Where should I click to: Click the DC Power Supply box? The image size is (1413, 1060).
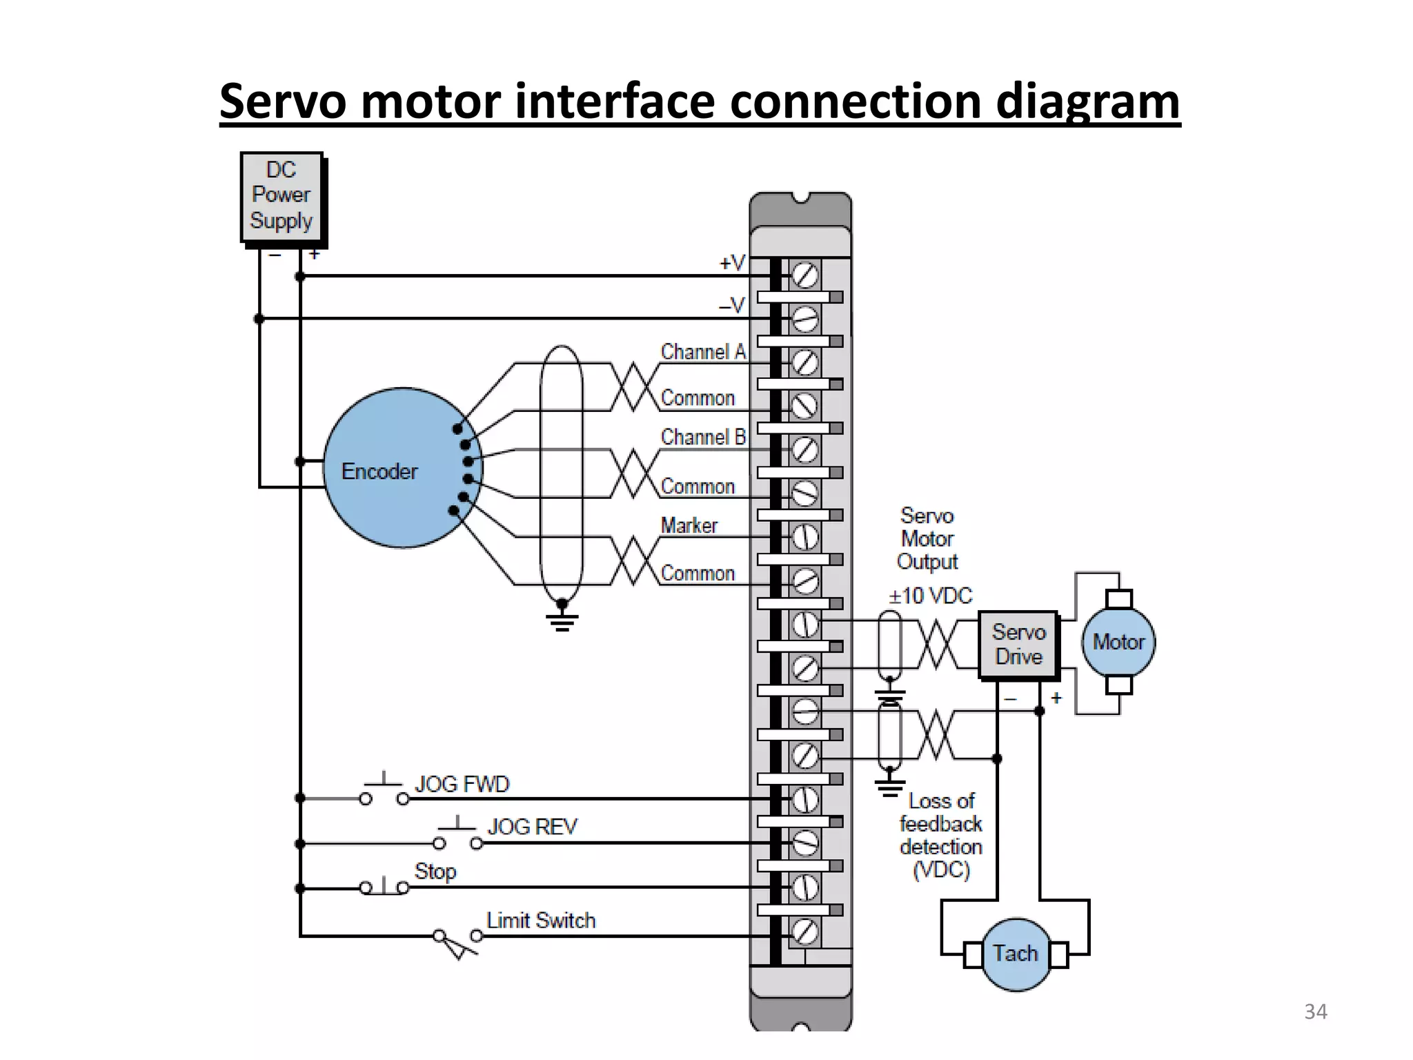pos(281,197)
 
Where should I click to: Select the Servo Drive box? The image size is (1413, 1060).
pos(1018,645)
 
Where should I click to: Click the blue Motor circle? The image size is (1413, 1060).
pos(1118,642)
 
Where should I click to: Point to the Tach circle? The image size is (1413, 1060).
pos(1016,954)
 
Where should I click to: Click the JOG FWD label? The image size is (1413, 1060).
pos(462,784)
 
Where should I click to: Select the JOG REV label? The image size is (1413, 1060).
pos(532,827)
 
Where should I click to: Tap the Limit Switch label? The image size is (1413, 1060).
pos(540,921)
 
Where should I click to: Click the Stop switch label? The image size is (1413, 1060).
pos(435,871)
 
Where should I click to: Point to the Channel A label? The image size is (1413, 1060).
pos(703,352)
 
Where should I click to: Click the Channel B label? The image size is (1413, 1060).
pos(703,437)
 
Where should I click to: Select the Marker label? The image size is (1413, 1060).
pos(689,526)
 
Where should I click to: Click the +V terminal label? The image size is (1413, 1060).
pos(732,263)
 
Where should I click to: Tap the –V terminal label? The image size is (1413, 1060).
pos(732,305)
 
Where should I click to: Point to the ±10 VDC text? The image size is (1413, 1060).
pos(930,596)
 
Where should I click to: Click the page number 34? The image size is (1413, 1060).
pos(1315,1012)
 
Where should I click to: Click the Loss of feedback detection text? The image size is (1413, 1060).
pos(940,835)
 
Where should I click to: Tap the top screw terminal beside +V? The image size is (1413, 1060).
pos(804,276)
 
